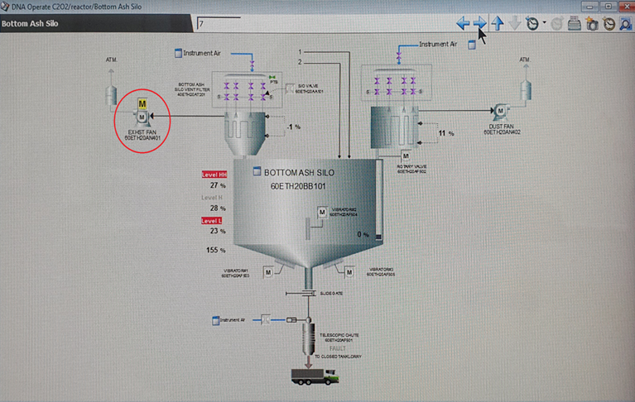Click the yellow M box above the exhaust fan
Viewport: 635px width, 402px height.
(142, 104)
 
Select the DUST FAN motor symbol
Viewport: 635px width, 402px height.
(500, 110)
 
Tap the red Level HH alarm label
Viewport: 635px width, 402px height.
(214, 175)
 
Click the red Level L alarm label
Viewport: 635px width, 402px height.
(211, 221)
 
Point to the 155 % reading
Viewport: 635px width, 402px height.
(216, 250)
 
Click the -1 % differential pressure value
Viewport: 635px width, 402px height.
(293, 127)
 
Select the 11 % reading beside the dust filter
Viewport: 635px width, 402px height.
(446, 133)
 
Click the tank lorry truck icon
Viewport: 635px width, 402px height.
(315, 376)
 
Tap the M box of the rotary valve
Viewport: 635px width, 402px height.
(406, 156)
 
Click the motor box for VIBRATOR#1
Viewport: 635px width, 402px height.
(268, 272)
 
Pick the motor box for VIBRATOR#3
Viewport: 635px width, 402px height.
(349, 272)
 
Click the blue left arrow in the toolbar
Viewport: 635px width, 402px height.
(463, 23)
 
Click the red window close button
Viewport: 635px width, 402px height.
(623, 6)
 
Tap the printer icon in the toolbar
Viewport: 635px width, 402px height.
(575, 24)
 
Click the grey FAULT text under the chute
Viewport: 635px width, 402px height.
(338, 348)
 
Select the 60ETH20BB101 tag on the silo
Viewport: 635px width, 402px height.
(298, 186)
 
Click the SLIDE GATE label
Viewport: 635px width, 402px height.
(331, 294)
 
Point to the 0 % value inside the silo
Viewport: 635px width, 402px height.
(363, 235)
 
